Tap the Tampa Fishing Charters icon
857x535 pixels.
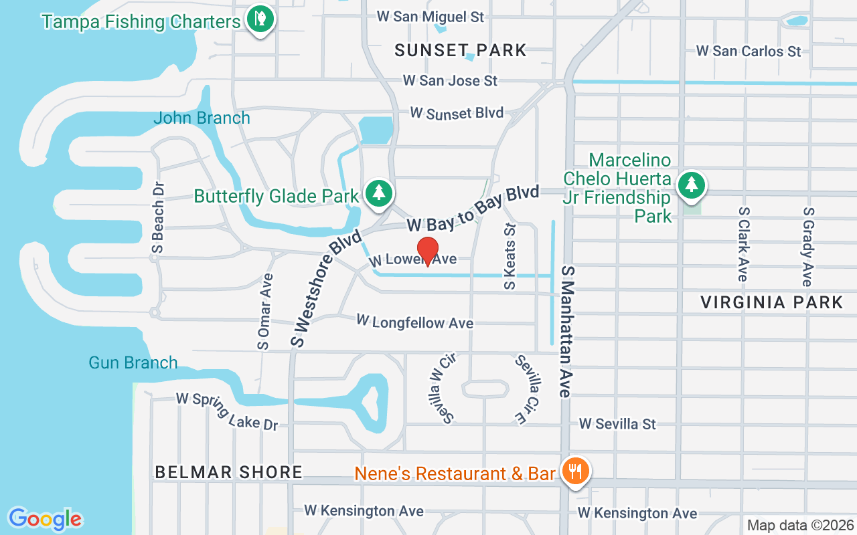[x=259, y=19]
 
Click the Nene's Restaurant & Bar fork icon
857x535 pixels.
[x=574, y=471]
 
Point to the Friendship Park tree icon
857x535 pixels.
[x=691, y=185]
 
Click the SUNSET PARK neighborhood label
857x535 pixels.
[x=461, y=50]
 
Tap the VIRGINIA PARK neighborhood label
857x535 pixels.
[x=772, y=302]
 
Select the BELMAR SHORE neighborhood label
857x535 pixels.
[x=229, y=472]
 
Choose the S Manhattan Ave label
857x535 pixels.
[x=568, y=332]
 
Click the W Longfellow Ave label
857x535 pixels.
[x=415, y=322]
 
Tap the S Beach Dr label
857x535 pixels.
[x=159, y=218]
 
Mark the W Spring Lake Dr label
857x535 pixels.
[x=227, y=411]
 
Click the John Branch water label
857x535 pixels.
[x=202, y=118]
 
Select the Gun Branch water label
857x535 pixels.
[x=133, y=363]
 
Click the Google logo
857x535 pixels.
[x=45, y=519]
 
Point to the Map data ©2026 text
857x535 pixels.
[x=799, y=525]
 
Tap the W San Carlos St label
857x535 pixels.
[x=749, y=51]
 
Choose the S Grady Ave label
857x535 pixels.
[x=807, y=247]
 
